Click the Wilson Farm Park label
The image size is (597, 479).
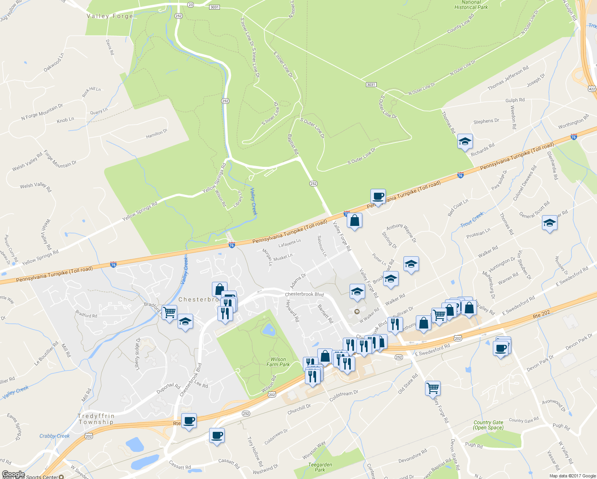[278, 362]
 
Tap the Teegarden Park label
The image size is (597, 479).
[320, 467]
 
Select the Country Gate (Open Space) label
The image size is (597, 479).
[488, 425]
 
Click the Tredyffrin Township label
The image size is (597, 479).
[96, 419]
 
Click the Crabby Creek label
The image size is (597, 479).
[54, 436]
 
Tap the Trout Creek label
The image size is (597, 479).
[472, 219]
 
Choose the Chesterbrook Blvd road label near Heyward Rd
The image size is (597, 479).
[304, 294]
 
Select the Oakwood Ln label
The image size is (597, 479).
[53, 64]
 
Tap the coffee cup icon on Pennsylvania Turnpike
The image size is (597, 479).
[378, 196]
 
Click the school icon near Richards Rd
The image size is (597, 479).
[465, 141]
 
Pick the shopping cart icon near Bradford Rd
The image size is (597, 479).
[169, 312]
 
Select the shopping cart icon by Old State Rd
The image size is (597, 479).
[433, 388]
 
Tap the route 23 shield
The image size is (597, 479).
[190, 5]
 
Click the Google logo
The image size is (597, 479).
[14, 474]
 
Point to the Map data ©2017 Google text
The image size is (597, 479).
[572, 476]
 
